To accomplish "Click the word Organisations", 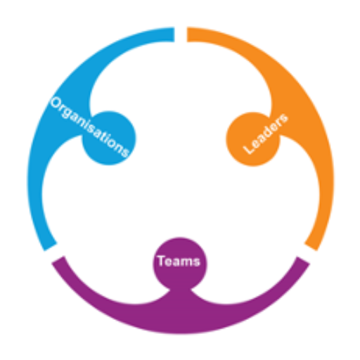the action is coord(90,127).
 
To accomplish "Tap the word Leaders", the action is coord(266,134).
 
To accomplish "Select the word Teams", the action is coord(179,261).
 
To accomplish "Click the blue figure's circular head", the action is coord(109,138).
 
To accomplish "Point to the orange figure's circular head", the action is coord(253,139).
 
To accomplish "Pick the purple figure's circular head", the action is coord(180,264).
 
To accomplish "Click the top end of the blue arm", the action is coord(174,34).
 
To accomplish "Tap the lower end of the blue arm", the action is coord(51,247).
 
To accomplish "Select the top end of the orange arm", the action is coord(187,34).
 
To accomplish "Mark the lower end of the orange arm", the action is coord(311,247).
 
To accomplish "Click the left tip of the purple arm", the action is coord(58,260).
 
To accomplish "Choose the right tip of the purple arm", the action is coord(304,260).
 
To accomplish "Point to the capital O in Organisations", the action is coord(56,103).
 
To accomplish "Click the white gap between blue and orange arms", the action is coord(181,34).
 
